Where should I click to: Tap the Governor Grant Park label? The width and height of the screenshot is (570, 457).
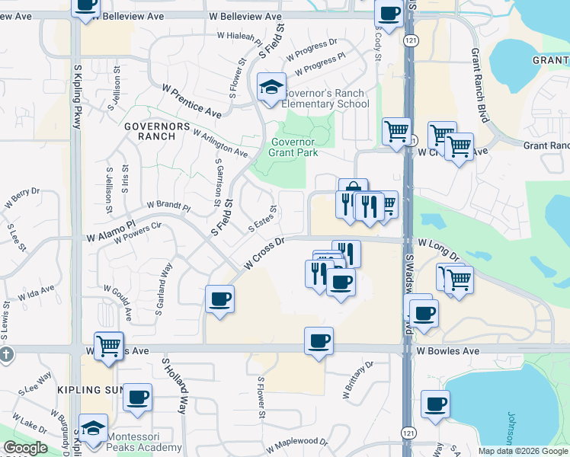coord(293,145)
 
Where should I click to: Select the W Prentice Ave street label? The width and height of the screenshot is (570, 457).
coord(191,100)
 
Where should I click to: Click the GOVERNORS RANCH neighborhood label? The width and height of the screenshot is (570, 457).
coord(150,130)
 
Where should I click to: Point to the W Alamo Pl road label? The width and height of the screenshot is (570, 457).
coord(111,232)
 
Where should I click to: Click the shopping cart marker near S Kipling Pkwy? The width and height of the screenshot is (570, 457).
coord(109,346)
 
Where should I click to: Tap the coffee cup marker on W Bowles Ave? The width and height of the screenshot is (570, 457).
coord(319,340)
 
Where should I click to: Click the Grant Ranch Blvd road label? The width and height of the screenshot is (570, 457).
coord(479,75)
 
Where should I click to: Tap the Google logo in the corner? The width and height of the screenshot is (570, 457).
coord(25,448)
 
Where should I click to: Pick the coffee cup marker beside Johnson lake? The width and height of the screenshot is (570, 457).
coord(435,404)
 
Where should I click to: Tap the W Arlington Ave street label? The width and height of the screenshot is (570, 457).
coord(220,143)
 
